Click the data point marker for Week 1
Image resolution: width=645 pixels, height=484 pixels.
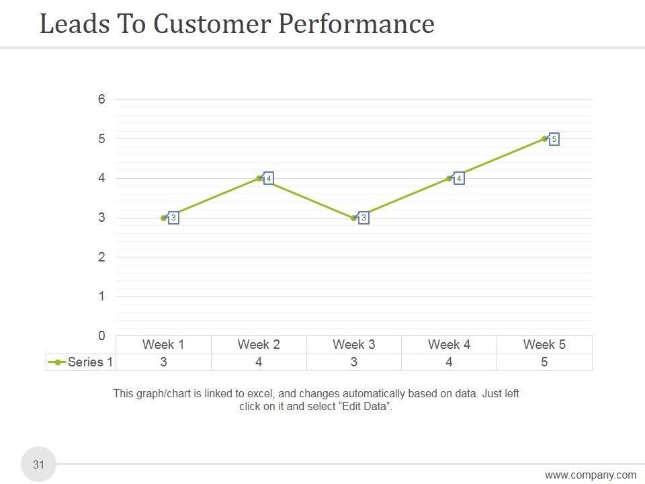click(x=164, y=218)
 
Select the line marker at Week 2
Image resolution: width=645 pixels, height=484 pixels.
click(x=259, y=178)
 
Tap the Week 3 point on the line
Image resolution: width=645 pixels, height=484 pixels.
click(x=354, y=218)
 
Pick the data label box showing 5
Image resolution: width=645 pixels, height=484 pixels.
click(x=554, y=140)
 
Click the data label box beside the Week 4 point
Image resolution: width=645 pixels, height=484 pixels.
click(x=459, y=179)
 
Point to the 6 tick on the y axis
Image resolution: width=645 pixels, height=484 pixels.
click(x=101, y=99)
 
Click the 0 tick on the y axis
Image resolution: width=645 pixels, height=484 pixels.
click(x=101, y=335)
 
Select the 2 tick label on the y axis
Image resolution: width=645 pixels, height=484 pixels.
click(x=101, y=257)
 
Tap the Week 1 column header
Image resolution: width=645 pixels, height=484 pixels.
click(x=163, y=345)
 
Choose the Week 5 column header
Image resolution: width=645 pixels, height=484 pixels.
click(x=544, y=345)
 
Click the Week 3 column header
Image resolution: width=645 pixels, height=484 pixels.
click(x=354, y=345)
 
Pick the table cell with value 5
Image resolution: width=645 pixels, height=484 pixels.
click(x=544, y=362)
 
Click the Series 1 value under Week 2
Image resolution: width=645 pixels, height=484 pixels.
click(x=259, y=362)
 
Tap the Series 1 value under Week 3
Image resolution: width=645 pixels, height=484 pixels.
click(x=354, y=362)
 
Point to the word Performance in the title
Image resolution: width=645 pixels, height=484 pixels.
click(x=356, y=24)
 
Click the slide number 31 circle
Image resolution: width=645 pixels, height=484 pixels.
click(x=38, y=465)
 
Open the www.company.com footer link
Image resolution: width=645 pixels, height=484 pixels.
click(x=590, y=475)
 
